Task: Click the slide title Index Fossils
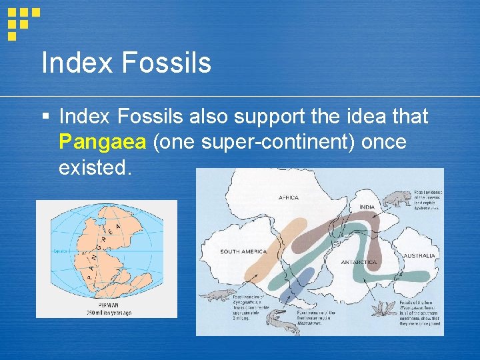[126, 63]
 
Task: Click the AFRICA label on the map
[288, 197]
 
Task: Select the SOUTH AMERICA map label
[243, 252]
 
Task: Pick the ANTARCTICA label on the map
[359, 263]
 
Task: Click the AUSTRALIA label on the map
[419, 256]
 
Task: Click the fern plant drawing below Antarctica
[385, 308]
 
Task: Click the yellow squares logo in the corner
[23, 20]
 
